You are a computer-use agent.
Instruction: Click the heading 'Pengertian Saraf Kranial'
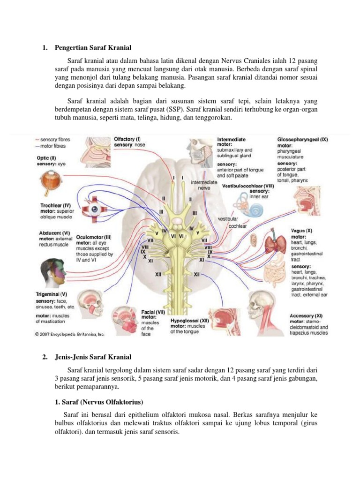pyautogui.click(x=93, y=48)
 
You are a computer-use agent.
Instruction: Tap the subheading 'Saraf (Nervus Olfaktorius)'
pyautogui.click(x=103, y=403)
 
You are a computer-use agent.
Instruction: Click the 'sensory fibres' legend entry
pyautogui.click(x=54, y=140)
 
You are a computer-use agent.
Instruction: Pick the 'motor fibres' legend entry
pyautogui.click(x=52, y=146)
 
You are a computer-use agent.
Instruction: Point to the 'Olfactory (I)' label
pyautogui.click(x=127, y=139)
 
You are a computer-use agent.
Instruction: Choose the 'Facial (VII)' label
pyautogui.click(x=153, y=311)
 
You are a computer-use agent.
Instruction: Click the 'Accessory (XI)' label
pyautogui.click(x=306, y=316)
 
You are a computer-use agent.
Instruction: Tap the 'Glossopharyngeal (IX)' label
pyautogui.click(x=303, y=139)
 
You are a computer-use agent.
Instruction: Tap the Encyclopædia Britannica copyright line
pyautogui.click(x=70, y=335)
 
